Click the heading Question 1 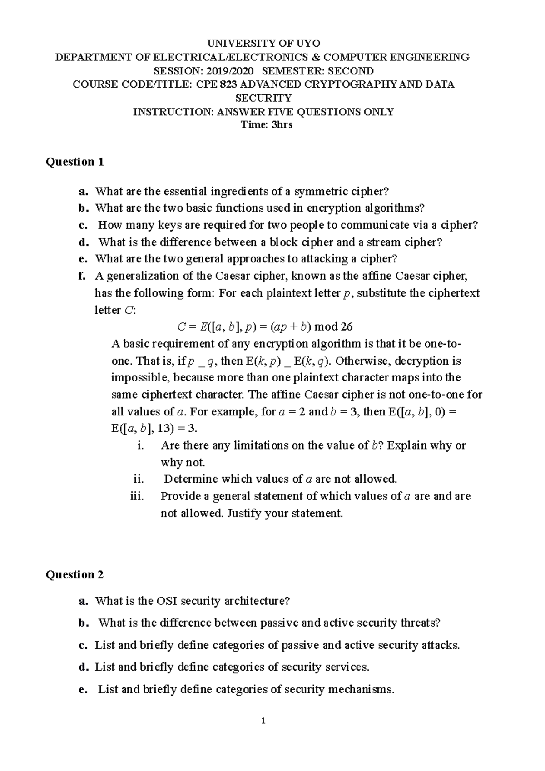75,162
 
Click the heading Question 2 75,575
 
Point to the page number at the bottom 263,721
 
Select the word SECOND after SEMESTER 351,71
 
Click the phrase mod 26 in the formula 333,327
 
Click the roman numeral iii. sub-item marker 137,496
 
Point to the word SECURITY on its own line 263,98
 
